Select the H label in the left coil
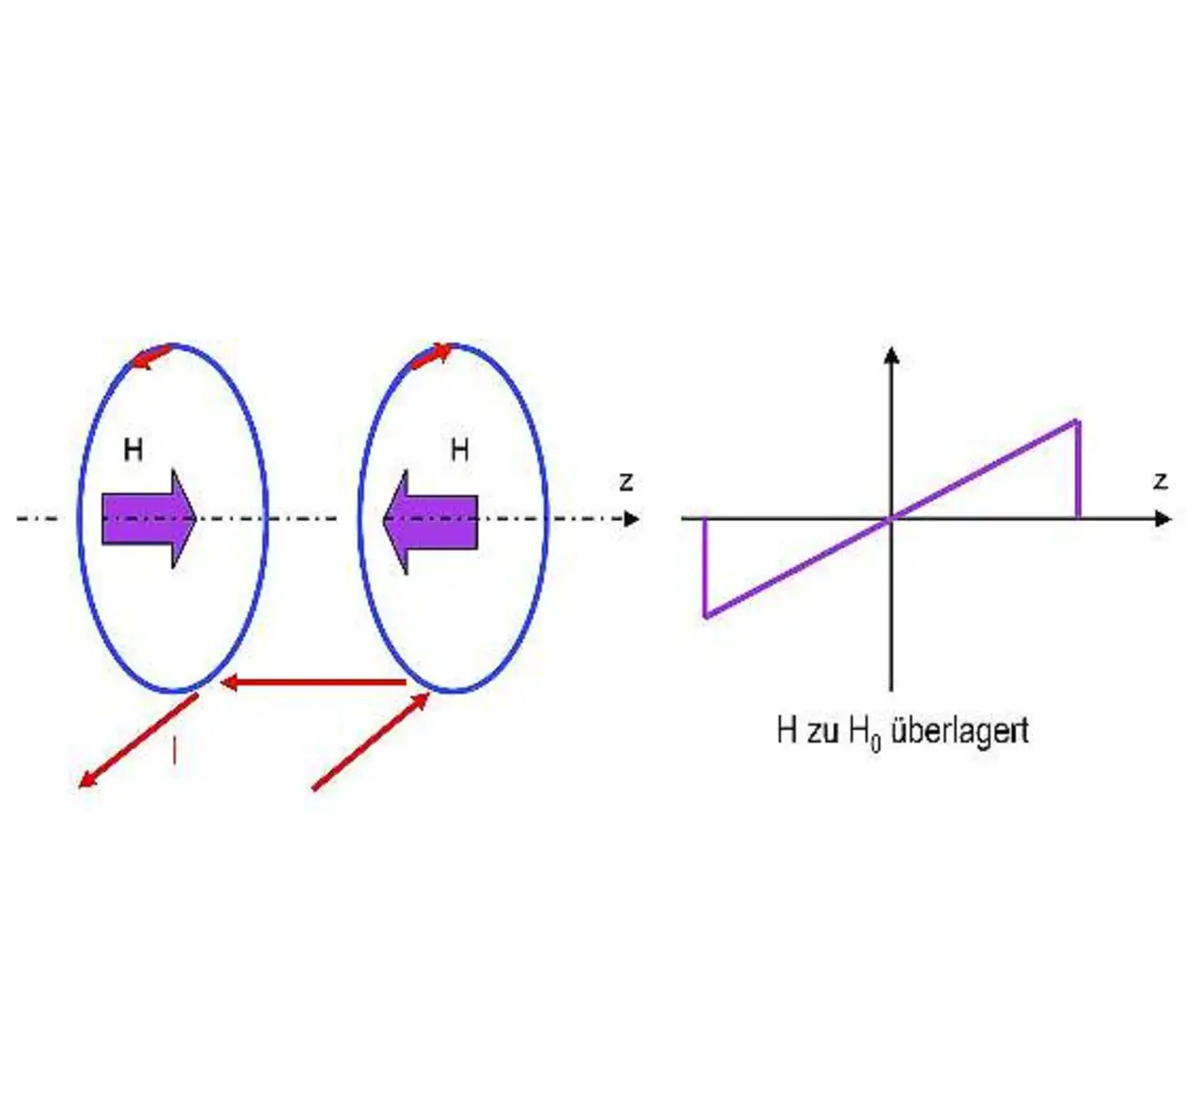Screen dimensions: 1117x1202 coord(133,451)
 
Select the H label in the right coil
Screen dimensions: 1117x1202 coord(459,451)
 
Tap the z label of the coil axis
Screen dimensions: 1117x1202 coord(626,482)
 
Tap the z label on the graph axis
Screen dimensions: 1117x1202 coord(1161,482)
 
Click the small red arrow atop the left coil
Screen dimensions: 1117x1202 coord(150,358)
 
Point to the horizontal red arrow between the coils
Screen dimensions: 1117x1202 coord(314,682)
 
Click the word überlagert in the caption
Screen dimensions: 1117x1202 coord(959,730)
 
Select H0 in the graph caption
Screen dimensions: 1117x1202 coord(865,732)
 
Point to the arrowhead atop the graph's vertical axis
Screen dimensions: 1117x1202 coord(892,356)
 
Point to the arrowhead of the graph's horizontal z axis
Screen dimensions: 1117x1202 coord(1164,518)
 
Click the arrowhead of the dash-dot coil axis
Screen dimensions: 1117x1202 coord(632,518)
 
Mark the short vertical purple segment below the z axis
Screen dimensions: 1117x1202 coord(704,567)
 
